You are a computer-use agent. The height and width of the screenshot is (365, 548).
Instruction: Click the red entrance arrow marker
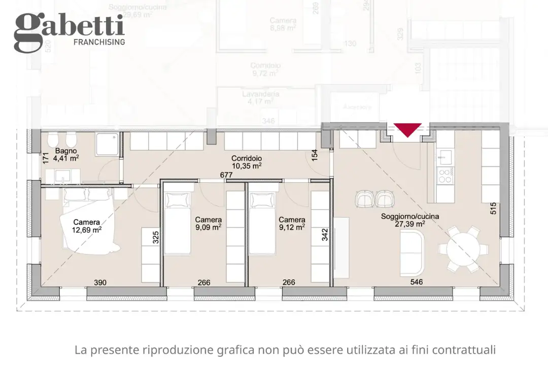point(408,130)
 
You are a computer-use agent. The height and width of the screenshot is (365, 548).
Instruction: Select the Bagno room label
point(66,151)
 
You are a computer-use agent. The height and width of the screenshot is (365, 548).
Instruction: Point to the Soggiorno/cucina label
point(410,216)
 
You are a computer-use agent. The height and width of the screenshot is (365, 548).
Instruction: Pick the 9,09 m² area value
point(208,227)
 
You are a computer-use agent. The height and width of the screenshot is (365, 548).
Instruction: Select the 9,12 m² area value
point(292,227)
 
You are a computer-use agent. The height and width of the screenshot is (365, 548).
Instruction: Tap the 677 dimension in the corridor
point(226,175)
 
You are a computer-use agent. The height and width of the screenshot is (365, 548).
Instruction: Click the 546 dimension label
point(417,282)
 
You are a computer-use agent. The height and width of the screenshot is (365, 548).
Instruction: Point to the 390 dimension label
point(100,282)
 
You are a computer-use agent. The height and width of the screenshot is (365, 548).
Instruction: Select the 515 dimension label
point(493,208)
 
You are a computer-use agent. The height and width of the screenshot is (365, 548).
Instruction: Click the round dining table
point(459,249)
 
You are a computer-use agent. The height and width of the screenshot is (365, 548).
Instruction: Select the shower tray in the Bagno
point(107,144)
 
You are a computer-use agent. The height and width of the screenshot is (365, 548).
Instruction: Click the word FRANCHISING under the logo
point(99,42)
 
